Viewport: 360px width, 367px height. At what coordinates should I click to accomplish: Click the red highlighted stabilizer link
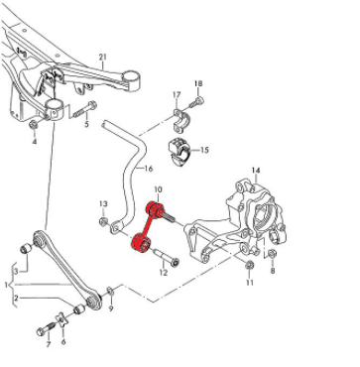(148, 227)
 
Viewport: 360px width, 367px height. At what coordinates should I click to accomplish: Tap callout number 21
(103, 57)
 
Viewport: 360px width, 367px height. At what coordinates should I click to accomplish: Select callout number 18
(198, 83)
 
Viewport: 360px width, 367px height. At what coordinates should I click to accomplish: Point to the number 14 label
(256, 171)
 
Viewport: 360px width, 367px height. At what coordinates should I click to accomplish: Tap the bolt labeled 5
(84, 110)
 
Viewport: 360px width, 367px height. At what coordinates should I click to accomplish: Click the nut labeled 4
(34, 125)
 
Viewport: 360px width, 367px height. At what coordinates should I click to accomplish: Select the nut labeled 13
(104, 222)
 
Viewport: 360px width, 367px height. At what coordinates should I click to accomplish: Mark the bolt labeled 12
(167, 258)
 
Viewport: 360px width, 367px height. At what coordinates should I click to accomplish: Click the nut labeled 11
(250, 265)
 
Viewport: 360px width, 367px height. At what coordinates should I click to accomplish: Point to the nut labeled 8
(272, 254)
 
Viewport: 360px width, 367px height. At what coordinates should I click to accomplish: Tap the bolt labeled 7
(47, 328)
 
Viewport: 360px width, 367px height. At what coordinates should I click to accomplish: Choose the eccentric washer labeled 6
(61, 320)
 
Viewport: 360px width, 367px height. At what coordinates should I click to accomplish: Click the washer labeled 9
(111, 292)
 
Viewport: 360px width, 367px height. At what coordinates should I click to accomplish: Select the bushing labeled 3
(26, 248)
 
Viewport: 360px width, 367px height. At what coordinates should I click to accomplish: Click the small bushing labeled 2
(78, 309)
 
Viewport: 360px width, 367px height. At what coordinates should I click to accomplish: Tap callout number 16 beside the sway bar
(149, 169)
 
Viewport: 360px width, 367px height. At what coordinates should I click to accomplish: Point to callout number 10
(158, 189)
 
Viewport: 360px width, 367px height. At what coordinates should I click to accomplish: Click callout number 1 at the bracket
(6, 285)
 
